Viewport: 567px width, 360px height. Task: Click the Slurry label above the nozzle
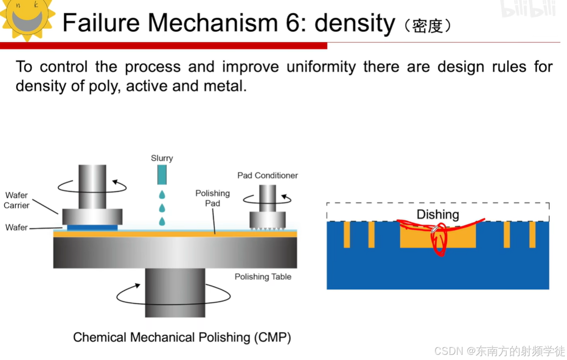pyautogui.click(x=162, y=158)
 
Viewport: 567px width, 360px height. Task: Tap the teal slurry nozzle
pyautogui.click(x=162, y=174)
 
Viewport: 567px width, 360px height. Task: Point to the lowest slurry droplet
pyautogui.click(x=162, y=221)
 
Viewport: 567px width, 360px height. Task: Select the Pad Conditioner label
pyautogui.click(x=267, y=175)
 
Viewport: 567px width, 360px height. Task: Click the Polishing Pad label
pyautogui.click(x=212, y=198)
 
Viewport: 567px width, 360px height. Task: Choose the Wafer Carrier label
pyautogui.click(x=17, y=200)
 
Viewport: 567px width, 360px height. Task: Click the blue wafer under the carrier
pyautogui.click(x=92, y=228)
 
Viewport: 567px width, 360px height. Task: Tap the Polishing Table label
pyautogui.click(x=263, y=277)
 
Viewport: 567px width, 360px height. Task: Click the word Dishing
pyautogui.click(x=438, y=215)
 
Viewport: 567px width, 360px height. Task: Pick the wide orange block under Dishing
pyautogui.click(x=413, y=239)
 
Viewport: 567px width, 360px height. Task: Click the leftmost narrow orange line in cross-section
pyautogui.click(x=347, y=234)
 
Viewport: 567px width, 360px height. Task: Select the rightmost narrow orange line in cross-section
pyautogui.click(x=532, y=234)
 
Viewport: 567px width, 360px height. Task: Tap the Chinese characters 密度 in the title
pyautogui.click(x=427, y=26)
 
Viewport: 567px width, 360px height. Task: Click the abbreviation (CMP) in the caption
pyautogui.click(x=272, y=337)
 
